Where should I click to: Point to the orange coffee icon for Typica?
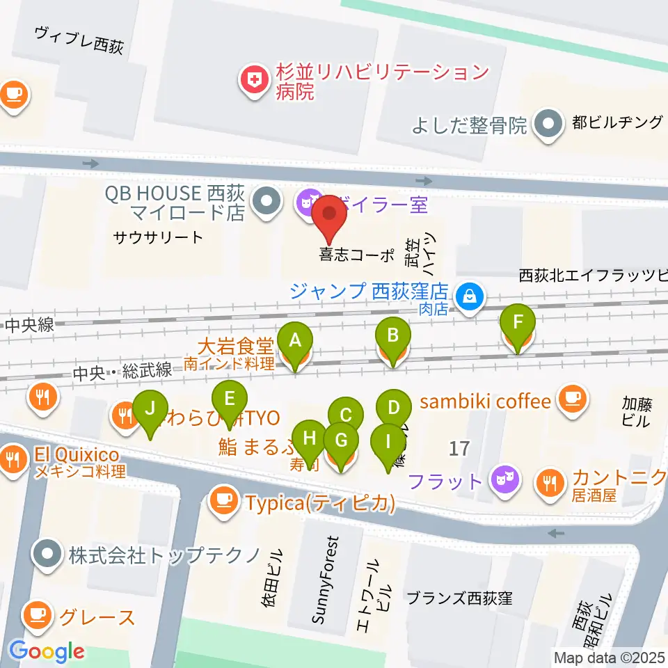[224, 500]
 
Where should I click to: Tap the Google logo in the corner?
[47, 651]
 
